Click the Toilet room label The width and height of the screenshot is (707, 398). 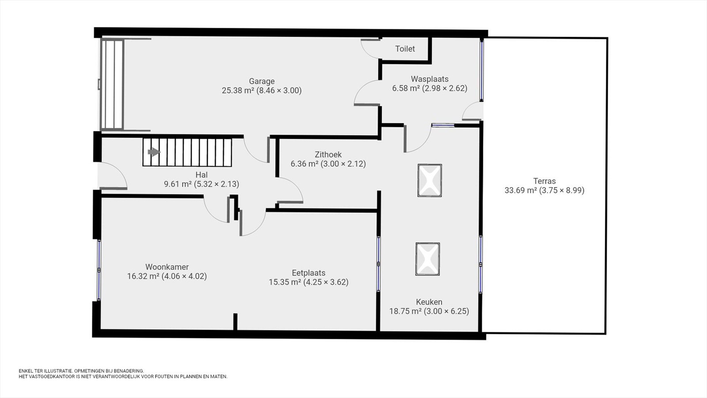(x=405, y=49)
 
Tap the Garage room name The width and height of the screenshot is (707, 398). (x=262, y=81)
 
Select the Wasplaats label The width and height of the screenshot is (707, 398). (x=430, y=79)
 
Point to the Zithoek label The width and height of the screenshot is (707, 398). (x=328, y=154)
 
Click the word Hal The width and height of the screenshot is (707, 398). (x=201, y=175)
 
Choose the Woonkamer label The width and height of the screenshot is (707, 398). (x=167, y=267)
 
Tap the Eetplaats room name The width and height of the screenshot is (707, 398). (x=308, y=272)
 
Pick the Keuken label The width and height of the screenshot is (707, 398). (x=429, y=302)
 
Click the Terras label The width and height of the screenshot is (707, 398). (x=544, y=181)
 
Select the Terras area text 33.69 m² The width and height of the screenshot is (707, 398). (x=521, y=190)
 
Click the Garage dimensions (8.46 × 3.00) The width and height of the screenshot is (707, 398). (x=279, y=91)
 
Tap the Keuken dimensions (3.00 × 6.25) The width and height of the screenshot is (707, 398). (x=446, y=311)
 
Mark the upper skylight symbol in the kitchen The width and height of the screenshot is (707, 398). (x=430, y=180)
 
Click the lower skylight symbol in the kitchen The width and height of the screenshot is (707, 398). (x=428, y=259)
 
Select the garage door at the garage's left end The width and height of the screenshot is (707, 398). (x=112, y=84)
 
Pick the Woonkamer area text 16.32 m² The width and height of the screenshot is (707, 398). (x=143, y=276)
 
